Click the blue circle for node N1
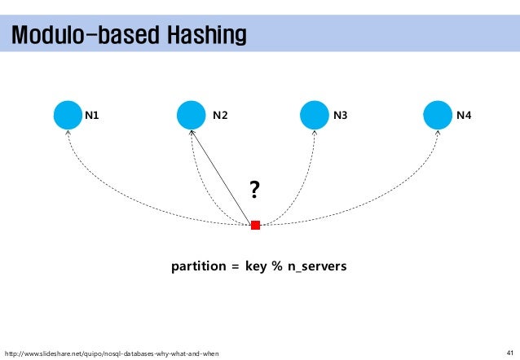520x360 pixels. pos(68,115)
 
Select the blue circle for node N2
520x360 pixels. pos(191,115)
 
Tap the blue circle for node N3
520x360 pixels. pos(315,115)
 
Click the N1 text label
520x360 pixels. pos(93,116)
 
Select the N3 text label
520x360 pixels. pos(341,116)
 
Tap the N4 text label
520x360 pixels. pos(464,116)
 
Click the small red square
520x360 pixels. pos(255,225)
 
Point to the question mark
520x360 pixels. pos(254,191)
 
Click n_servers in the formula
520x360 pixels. pos(316,266)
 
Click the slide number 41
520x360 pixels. pos(510,352)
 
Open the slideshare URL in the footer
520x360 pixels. pos(112,353)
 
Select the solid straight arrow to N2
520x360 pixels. pos(222,174)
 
